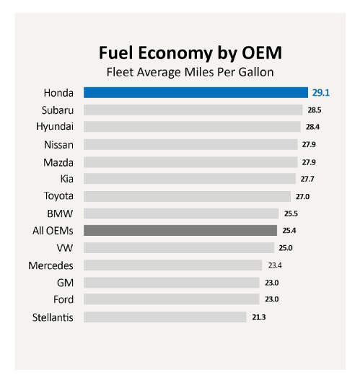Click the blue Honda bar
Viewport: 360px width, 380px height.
[194, 92]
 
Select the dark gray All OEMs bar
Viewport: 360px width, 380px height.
[180, 231]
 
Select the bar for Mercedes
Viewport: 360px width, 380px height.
[172, 265]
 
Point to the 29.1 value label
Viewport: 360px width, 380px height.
[320, 92]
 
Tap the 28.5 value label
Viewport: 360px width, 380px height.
[315, 110]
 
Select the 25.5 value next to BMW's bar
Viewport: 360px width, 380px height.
[291, 213]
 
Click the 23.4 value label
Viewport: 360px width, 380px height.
[275, 265]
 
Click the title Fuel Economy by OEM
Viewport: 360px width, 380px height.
[180, 54]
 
